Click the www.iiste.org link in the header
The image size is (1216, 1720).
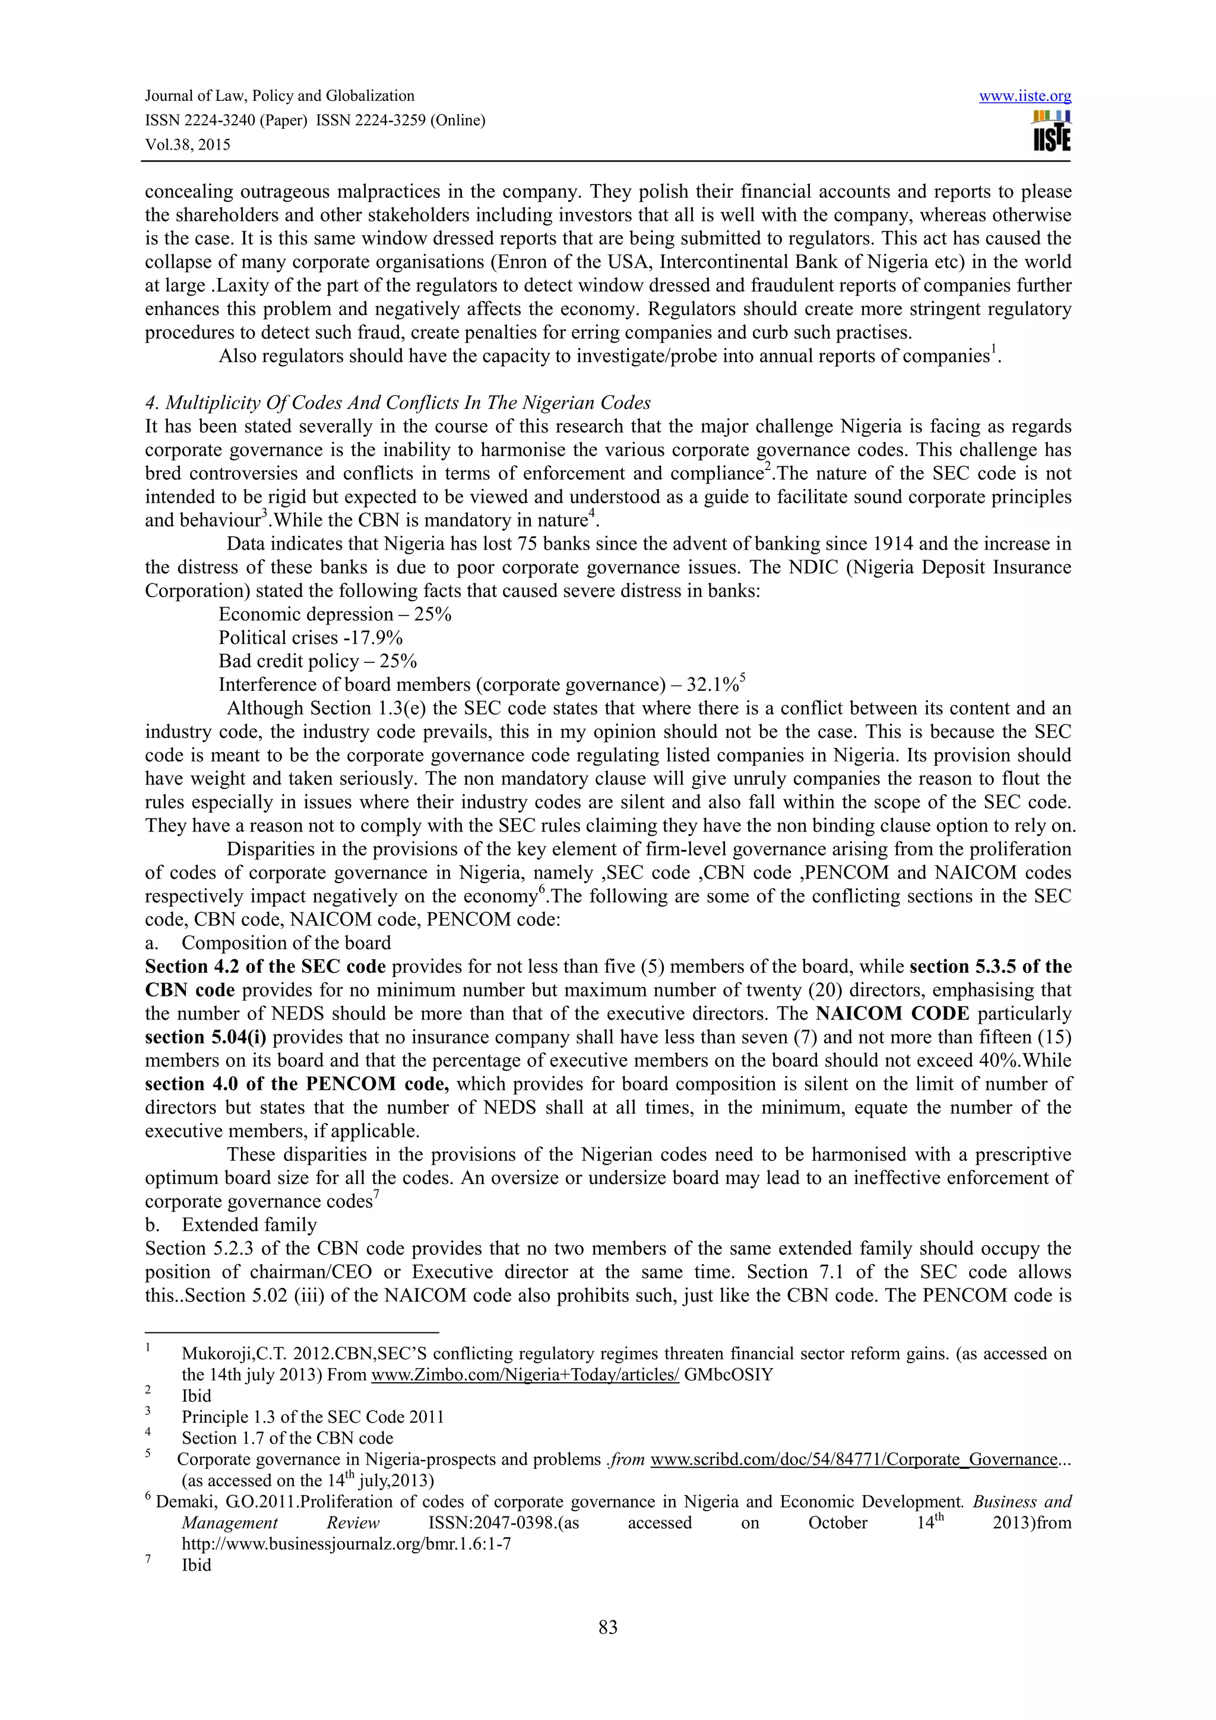coord(1024,96)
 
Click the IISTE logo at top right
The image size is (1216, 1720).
coord(1051,131)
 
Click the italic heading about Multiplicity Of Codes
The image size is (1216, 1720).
coord(397,403)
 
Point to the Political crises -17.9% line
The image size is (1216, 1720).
coord(310,637)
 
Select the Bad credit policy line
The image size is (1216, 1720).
coord(317,661)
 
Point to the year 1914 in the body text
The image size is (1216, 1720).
coord(895,544)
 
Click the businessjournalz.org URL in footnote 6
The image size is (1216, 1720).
coord(346,1544)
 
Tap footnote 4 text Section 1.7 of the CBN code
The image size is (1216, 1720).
coord(287,1437)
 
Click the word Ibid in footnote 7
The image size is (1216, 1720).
coord(197,1565)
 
